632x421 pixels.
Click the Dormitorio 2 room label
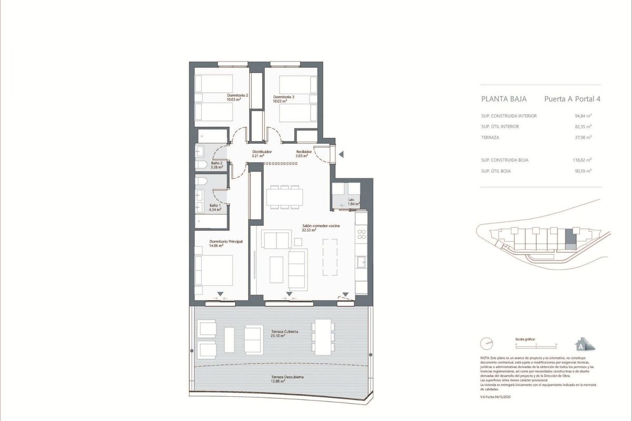[x=238, y=97]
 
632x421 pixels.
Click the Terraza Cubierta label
[x=284, y=333]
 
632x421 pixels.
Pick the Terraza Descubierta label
[x=284, y=378]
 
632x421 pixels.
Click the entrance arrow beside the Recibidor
[x=341, y=154]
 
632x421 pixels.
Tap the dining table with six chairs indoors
[x=285, y=197]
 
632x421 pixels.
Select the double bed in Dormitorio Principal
[x=214, y=270]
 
